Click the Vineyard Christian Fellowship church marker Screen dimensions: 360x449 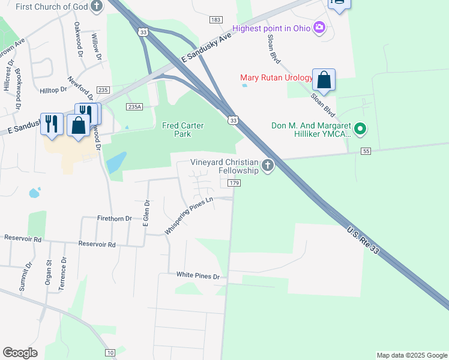[x=268, y=164]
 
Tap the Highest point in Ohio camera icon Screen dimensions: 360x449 [x=319, y=28]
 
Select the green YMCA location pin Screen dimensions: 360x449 [x=360, y=128]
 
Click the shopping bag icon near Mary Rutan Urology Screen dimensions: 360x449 [x=324, y=80]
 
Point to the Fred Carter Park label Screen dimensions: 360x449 [x=183, y=130]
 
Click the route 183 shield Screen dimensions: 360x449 [x=216, y=20]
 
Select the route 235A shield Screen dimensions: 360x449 [x=134, y=106]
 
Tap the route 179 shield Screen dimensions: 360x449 [x=234, y=182]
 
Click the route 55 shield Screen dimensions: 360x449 [x=366, y=151]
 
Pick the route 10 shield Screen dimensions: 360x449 [x=110, y=352]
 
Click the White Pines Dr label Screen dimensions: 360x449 [x=198, y=275]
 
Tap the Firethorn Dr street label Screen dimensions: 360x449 [x=114, y=219]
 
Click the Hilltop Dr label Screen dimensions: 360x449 [x=53, y=90]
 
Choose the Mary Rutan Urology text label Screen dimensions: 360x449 [x=276, y=77]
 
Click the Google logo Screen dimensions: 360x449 [x=20, y=353]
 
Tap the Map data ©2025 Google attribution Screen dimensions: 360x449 [x=412, y=355]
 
